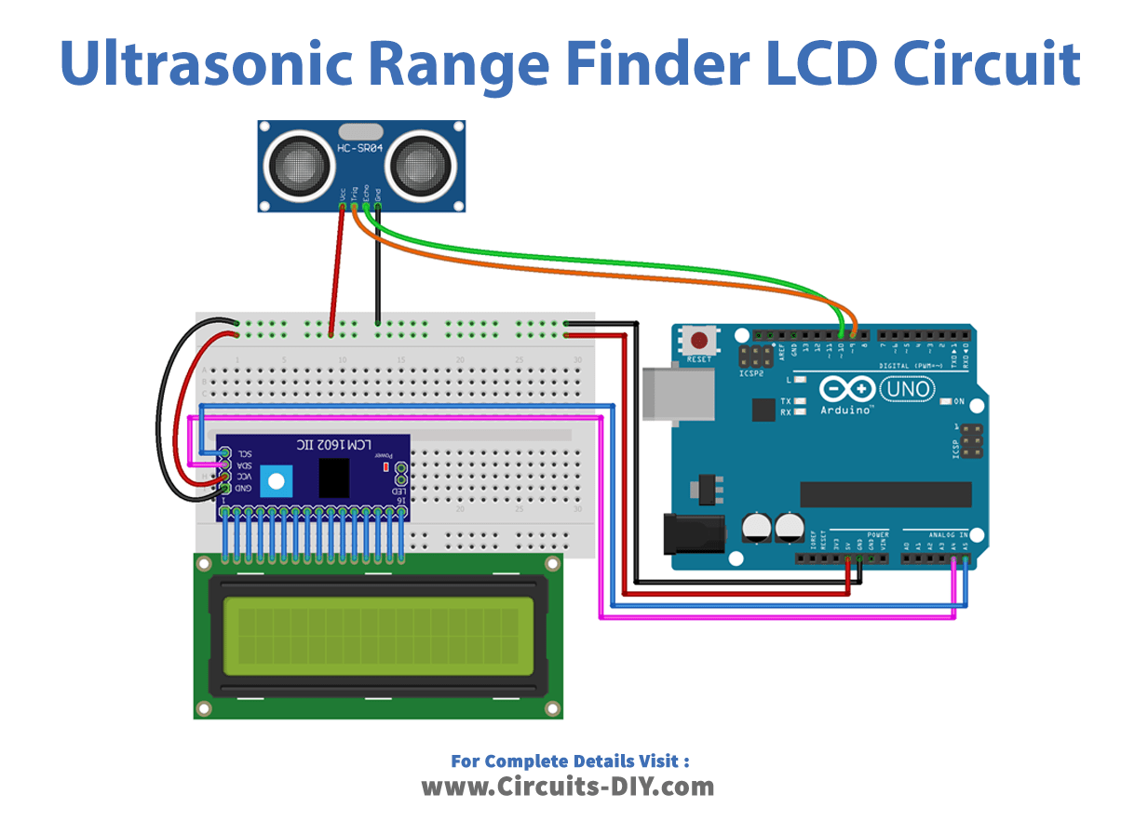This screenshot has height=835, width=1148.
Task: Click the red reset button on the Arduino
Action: [699, 339]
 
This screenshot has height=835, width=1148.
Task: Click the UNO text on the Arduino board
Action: [907, 386]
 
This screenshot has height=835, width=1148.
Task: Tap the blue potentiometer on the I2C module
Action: [275, 481]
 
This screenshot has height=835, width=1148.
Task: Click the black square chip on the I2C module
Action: [335, 478]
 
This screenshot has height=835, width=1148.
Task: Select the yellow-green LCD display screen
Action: [377, 636]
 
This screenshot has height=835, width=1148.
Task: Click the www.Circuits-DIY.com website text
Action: [568, 787]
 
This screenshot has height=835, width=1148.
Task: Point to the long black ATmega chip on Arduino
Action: [885, 494]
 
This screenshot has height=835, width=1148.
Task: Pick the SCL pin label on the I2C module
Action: [243, 453]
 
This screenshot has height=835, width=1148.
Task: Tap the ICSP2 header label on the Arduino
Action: [750, 371]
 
